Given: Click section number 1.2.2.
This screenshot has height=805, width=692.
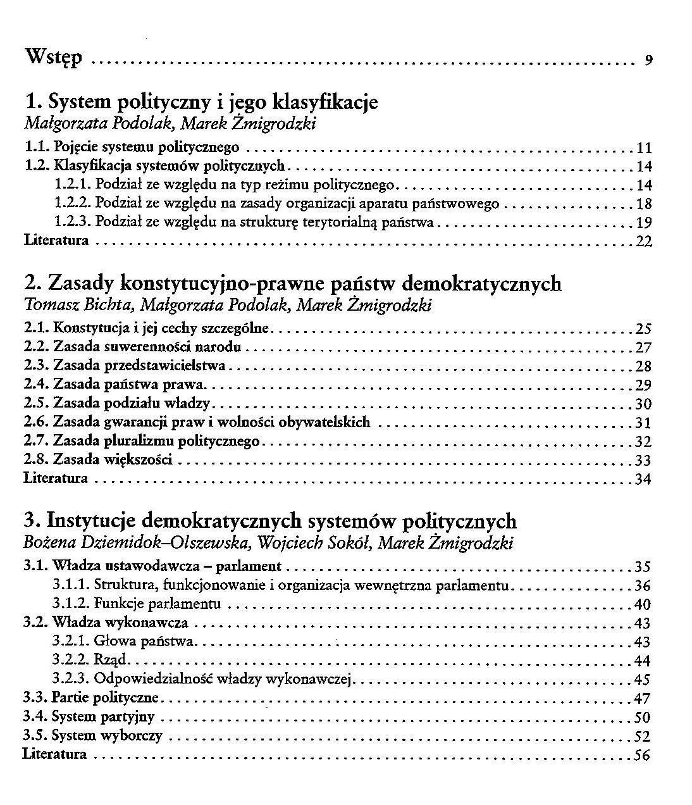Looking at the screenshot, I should tap(74, 204).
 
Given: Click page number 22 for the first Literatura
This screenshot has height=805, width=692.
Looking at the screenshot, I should tap(643, 242).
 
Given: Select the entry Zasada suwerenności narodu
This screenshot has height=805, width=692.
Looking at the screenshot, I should tap(147, 347).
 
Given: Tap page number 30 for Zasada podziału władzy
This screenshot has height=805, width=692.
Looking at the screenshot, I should tap(643, 404).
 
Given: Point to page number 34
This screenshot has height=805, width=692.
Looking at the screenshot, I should tap(643, 479).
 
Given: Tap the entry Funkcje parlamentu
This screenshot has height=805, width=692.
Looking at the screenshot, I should tap(157, 604).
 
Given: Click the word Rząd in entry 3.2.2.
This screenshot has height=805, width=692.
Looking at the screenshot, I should tap(111, 661).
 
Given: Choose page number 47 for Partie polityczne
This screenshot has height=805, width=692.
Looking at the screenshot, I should tap(642, 699).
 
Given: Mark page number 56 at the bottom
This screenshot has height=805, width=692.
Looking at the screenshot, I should tap(642, 755).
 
